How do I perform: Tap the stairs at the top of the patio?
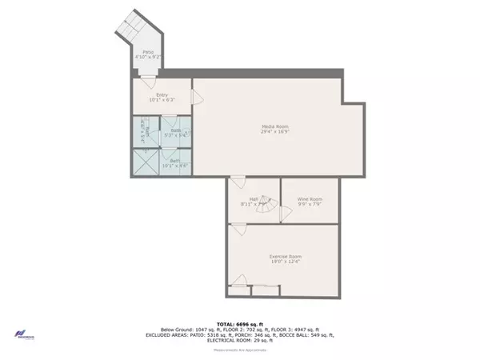pyautogui.click(x=132, y=30)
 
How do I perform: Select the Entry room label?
pyautogui.click(x=162, y=95)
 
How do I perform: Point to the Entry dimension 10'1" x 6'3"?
pyautogui.click(x=162, y=101)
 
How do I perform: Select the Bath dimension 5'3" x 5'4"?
pyautogui.click(x=175, y=135)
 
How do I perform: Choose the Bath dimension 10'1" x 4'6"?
pyautogui.click(x=174, y=166)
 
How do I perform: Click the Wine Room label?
pyautogui.click(x=310, y=198)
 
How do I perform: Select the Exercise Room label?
pyautogui.click(x=285, y=255)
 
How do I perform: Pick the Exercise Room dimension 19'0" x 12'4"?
pyautogui.click(x=285, y=261)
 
